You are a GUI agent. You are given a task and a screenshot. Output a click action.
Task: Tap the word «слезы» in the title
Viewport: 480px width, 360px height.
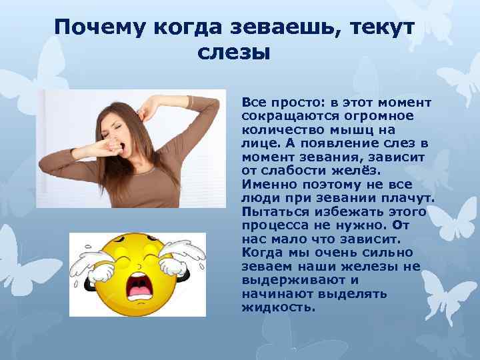tap(234, 53)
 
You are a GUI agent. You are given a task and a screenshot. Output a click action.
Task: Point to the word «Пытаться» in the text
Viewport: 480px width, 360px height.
tap(271, 211)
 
